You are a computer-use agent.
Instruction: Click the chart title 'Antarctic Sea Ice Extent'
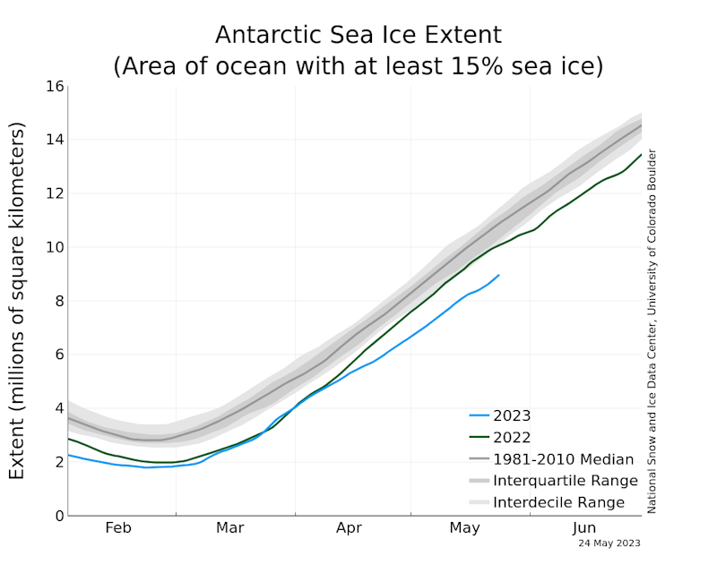click(x=358, y=35)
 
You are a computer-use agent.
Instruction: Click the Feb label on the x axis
click(x=118, y=528)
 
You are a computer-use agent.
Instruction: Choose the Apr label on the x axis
click(x=349, y=528)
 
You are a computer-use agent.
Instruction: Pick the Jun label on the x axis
click(x=584, y=528)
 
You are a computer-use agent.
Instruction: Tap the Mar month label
click(x=230, y=528)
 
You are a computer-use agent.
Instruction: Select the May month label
click(x=464, y=528)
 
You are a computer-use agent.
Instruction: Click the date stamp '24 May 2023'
click(x=610, y=543)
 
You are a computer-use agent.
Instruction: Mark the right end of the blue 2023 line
click(x=499, y=275)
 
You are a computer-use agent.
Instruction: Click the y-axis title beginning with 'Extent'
click(x=18, y=301)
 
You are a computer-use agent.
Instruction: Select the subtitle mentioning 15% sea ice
click(x=358, y=66)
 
